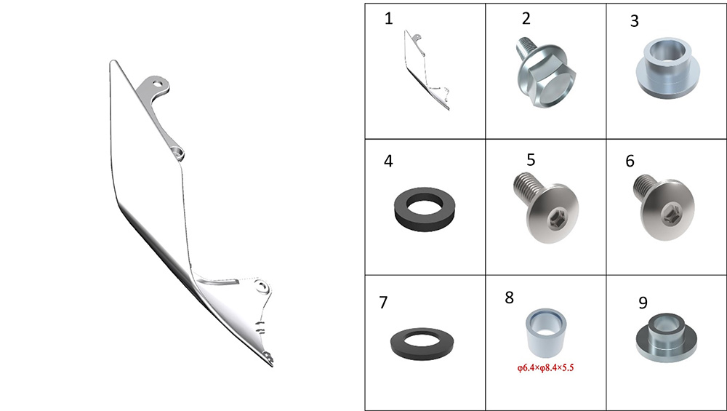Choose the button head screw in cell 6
(664, 207)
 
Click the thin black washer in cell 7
(422, 344)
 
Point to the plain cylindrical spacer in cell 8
(546, 332)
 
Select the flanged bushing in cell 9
(666, 338)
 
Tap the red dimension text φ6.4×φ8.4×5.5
(546, 368)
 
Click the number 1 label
(388, 19)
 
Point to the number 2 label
(526, 19)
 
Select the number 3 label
(635, 21)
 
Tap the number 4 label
(388, 161)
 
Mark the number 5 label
(531, 159)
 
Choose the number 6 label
(630, 161)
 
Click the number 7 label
(383, 302)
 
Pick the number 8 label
(510, 298)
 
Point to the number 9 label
(643, 302)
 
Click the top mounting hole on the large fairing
(158, 84)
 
